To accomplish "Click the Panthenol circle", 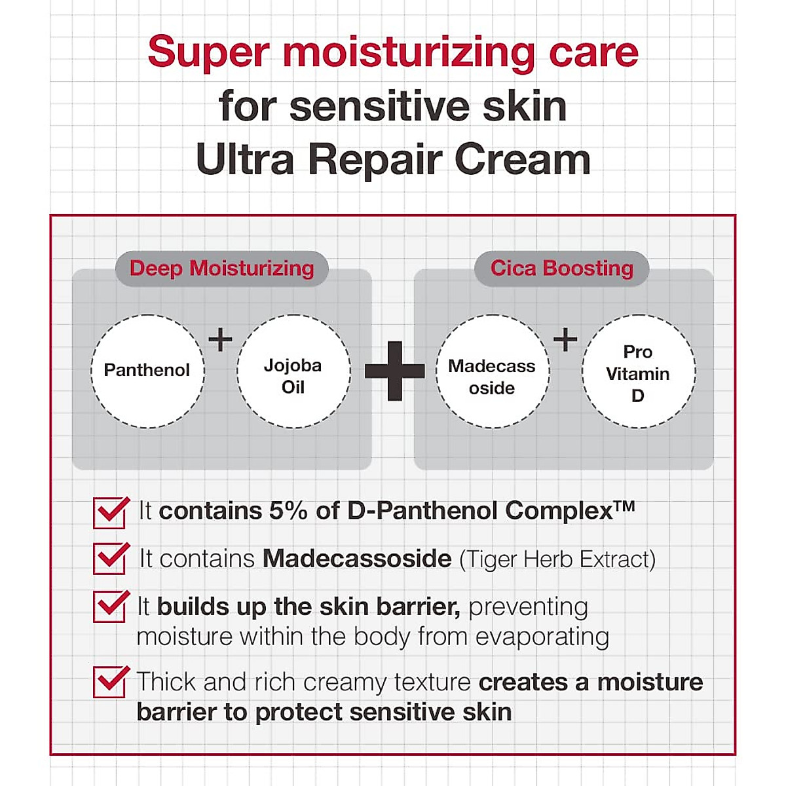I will click(147, 371).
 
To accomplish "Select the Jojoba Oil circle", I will click(293, 371).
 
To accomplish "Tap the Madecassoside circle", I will click(492, 371).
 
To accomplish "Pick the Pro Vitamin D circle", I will click(638, 371).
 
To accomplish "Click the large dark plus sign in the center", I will click(394, 371).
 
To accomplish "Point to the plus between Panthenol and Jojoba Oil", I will click(220, 339).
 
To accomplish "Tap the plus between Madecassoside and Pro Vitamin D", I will click(565, 339).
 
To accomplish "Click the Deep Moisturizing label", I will click(221, 269).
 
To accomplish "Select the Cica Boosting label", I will click(561, 269).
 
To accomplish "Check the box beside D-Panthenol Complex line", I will click(109, 512).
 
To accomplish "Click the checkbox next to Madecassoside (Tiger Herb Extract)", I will click(109, 559).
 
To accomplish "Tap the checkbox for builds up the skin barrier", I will click(109, 607).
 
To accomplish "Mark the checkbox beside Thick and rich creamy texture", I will click(109, 682).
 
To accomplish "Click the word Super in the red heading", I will click(208, 52).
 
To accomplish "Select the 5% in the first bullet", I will click(288, 511).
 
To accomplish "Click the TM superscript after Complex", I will click(625, 506).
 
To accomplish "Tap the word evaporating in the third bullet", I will click(542, 637).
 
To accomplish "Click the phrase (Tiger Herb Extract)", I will click(557, 559).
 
